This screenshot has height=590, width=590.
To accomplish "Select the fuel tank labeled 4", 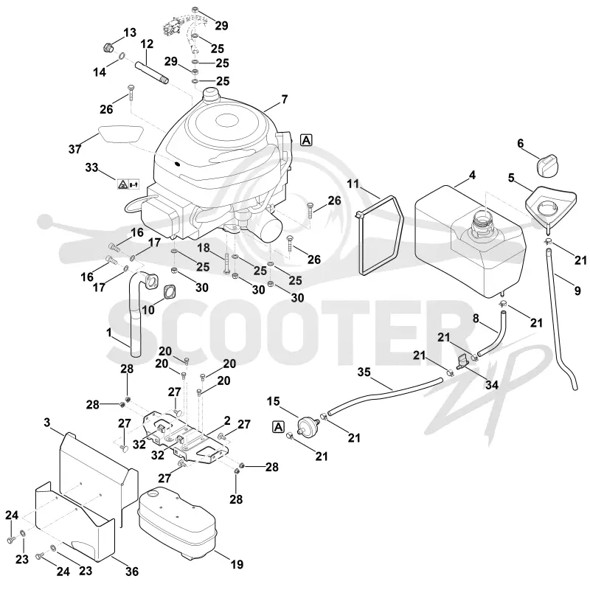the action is coord(470,241).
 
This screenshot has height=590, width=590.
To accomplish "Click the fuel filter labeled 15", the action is coord(308,424).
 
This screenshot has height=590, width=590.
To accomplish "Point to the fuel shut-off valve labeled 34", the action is coord(462,361).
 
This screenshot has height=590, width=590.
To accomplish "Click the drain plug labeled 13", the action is coord(108,48).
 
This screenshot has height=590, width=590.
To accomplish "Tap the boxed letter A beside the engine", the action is coord(307,140).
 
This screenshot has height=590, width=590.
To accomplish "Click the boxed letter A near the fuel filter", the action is coord(278,427).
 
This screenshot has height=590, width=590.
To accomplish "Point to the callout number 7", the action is coord(285,100).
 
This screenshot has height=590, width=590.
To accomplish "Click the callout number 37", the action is coord(75,149).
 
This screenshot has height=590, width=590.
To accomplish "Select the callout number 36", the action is coord(132,572).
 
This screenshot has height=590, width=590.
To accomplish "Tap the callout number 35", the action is coord(364,372).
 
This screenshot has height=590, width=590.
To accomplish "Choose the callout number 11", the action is coord(353,184).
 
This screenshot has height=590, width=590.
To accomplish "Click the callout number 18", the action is coord(204,248).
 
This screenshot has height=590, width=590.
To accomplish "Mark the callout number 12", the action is coord(147,44).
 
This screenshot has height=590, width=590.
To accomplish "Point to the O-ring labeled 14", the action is coord(122,58).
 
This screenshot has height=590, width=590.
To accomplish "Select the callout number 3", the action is coord(46,423).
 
